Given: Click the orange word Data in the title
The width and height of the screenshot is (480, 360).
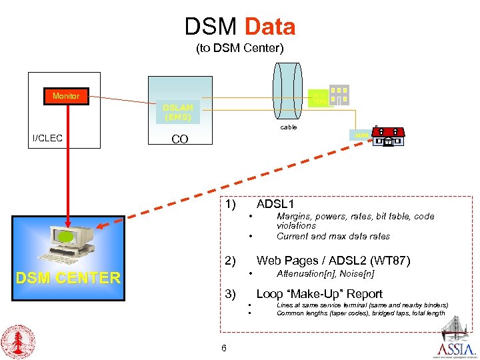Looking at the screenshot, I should [270, 27].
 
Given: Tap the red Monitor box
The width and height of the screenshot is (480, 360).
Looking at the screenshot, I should [65, 96].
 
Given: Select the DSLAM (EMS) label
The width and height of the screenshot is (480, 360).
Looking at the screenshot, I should [177, 112].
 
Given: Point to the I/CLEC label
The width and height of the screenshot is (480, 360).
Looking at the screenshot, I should [47, 139].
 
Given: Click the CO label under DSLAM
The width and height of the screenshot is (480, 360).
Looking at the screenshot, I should [179, 139].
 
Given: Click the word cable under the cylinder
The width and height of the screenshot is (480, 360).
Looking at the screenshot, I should [289, 127].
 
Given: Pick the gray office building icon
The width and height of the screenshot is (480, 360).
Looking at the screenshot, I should [339, 95].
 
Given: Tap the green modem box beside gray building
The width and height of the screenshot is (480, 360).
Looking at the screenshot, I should [319, 99].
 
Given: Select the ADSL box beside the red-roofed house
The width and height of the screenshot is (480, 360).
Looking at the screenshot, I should [362, 135].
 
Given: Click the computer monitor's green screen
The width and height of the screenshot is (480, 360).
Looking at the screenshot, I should [65, 237].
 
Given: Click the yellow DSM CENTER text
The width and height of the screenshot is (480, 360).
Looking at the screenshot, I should [69, 278].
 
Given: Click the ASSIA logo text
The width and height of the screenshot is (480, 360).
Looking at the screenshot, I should [457, 350].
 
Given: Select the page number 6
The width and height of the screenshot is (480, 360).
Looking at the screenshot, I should [223, 348].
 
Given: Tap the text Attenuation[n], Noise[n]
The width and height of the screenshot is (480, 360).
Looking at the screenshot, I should [325, 273].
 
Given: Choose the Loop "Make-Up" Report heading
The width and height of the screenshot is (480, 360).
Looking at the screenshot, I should [319, 294].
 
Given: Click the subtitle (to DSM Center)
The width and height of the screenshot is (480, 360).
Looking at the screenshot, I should [239, 48].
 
